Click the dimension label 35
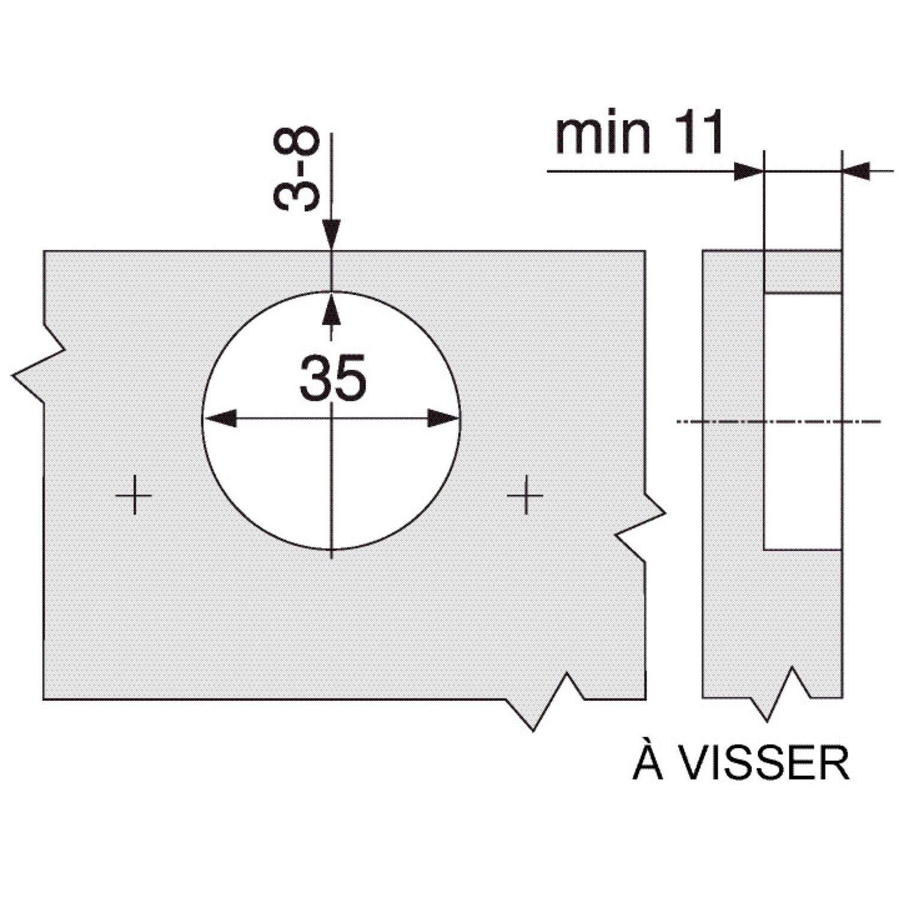pos(333,378)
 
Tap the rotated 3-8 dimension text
pos(296,169)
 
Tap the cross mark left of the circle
pos(134,495)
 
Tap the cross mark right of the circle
pos(525,495)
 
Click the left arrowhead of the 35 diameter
pos(219,418)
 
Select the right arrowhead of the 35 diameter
pos(444,418)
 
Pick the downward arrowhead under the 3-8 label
pos(331,234)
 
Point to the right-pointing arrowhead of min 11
pos(749,171)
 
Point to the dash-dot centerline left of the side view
pos(689,422)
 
